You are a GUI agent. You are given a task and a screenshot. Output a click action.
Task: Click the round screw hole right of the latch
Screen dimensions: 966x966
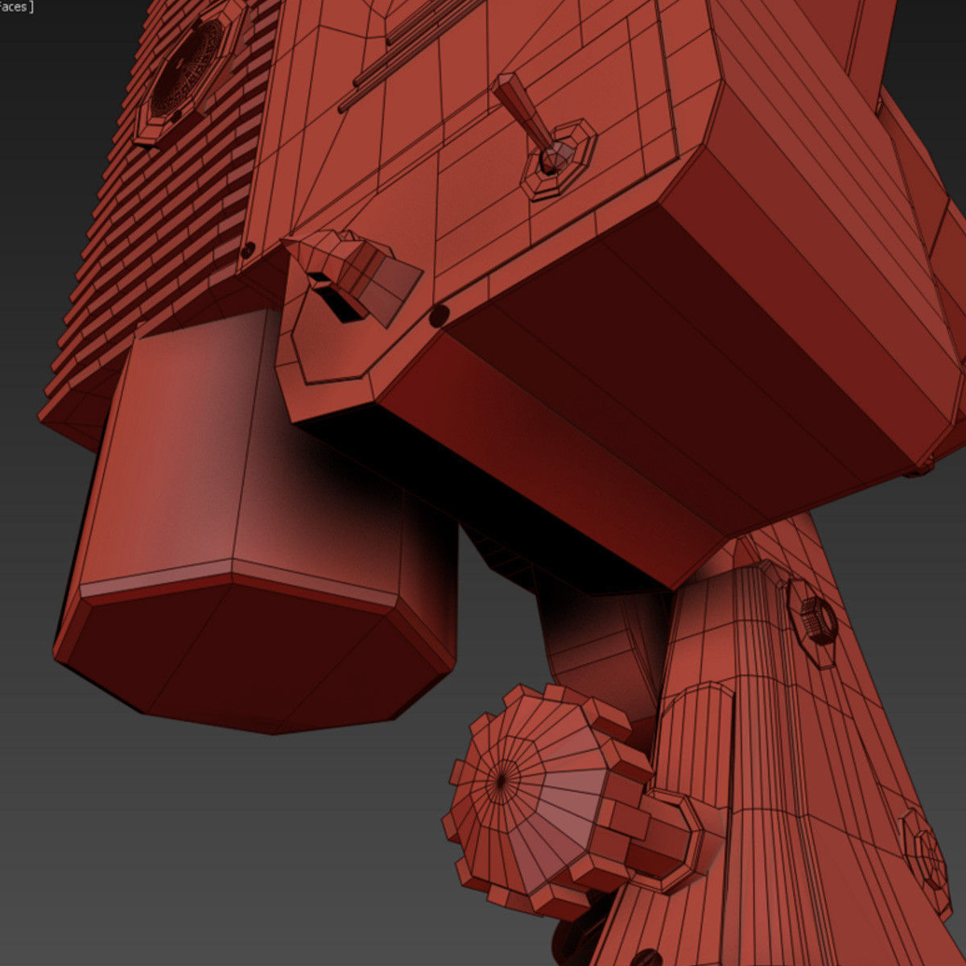click(x=439, y=316)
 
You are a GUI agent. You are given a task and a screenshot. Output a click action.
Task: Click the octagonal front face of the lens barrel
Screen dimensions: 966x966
click(x=250, y=652)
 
